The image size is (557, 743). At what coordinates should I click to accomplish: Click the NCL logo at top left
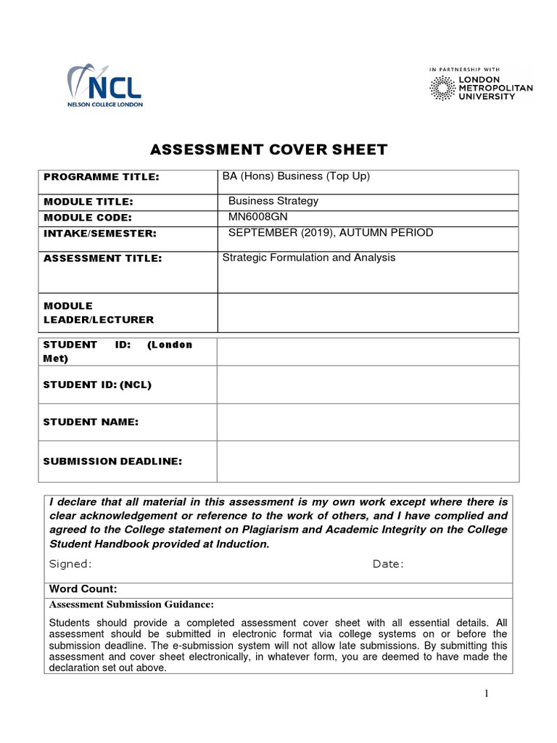(104, 86)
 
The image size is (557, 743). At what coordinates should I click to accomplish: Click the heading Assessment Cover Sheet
(268, 150)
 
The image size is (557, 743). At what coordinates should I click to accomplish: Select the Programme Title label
(101, 177)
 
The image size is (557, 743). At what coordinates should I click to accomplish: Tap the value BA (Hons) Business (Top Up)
(296, 176)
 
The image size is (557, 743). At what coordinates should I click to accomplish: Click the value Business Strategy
(273, 201)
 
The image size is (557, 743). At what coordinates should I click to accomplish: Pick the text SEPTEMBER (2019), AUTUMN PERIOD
(331, 232)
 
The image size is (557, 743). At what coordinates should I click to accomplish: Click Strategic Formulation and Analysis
(309, 258)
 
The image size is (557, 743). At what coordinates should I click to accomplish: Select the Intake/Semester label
(100, 234)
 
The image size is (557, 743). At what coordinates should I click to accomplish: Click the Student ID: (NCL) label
(97, 385)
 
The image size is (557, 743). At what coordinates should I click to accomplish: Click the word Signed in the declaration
(70, 564)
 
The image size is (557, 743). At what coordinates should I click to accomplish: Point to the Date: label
(388, 564)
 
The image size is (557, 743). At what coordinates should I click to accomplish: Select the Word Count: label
(83, 589)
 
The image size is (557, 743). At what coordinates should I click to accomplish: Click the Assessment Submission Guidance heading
(131, 604)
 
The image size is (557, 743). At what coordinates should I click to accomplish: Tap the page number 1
(487, 694)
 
